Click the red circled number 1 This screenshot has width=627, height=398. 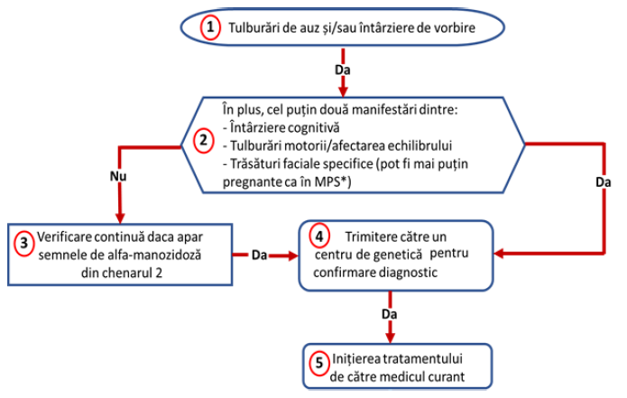click(x=210, y=28)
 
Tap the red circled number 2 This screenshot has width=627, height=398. click(x=204, y=141)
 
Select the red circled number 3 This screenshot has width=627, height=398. click(x=24, y=243)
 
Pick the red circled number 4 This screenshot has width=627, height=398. click(x=319, y=236)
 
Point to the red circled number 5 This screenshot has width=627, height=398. click(x=319, y=363)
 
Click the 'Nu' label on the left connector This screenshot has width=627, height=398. click(x=118, y=176)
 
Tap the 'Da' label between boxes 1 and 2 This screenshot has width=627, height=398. click(x=343, y=70)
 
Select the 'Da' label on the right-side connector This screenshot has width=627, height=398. click(x=604, y=182)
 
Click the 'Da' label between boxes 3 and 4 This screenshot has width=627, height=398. click(x=260, y=255)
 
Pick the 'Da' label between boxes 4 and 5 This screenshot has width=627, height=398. click(x=390, y=314)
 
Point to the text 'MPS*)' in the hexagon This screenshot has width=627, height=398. click(x=333, y=182)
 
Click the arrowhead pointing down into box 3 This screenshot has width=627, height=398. click(x=120, y=218)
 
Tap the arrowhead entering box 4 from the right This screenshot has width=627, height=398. click(x=499, y=254)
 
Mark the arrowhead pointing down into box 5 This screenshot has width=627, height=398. click(x=390, y=338)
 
